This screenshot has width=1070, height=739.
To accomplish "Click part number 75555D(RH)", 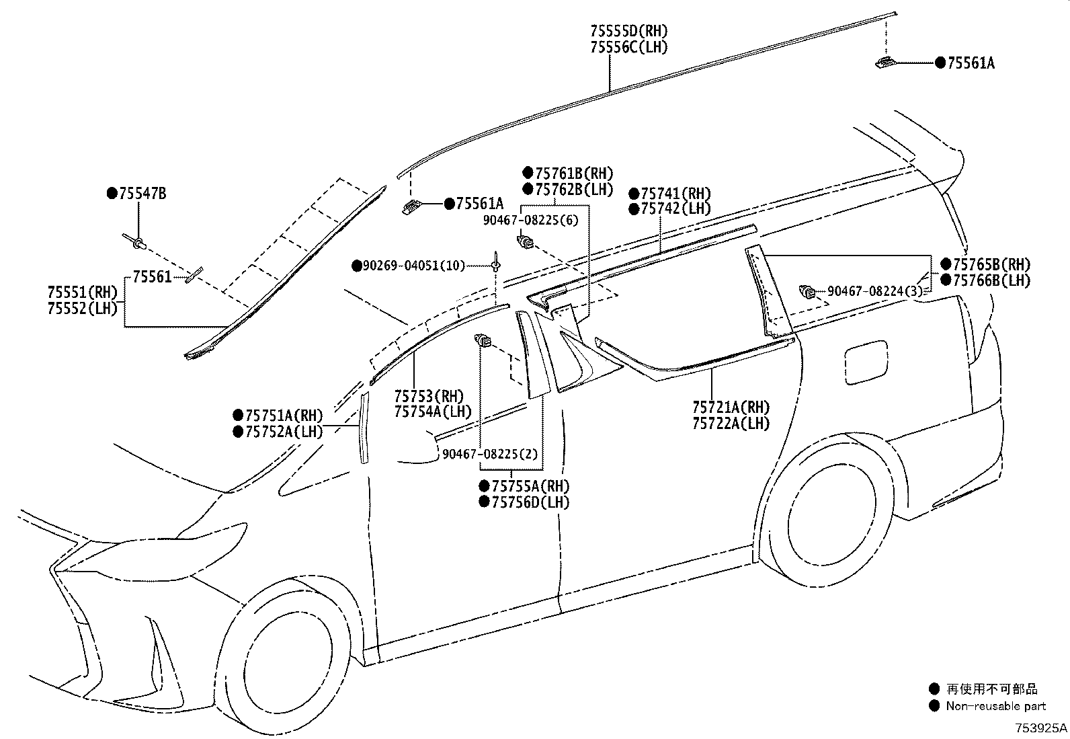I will tap(629, 31).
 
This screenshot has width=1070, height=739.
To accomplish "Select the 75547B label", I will tap(142, 194).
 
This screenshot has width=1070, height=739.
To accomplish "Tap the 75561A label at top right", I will tap(971, 63).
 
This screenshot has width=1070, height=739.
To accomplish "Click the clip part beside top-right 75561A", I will tap(884, 63).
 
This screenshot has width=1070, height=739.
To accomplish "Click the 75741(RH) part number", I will tap(675, 194).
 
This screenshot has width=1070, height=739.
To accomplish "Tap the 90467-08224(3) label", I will tap(874, 291).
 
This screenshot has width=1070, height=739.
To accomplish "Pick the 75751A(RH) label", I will tap(284, 416).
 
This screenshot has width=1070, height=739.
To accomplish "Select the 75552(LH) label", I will tap(82, 309).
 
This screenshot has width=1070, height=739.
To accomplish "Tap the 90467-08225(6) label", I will tap(531, 219).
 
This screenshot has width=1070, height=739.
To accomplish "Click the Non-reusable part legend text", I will tap(995, 706).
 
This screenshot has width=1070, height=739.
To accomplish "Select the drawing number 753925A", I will tap(1040, 728).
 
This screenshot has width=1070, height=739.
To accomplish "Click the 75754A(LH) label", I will tap(432, 412).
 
